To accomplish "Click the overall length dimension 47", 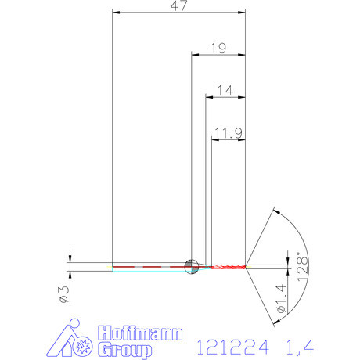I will pyautogui.click(x=178, y=6).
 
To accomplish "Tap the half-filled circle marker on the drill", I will pyautogui.click(x=191, y=266).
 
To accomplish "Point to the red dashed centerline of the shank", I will pyautogui.click(x=149, y=266).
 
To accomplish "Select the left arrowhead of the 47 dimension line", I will pyautogui.click(x=116, y=13).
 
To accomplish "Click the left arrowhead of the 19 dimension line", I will pyautogui.click(x=196, y=55).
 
